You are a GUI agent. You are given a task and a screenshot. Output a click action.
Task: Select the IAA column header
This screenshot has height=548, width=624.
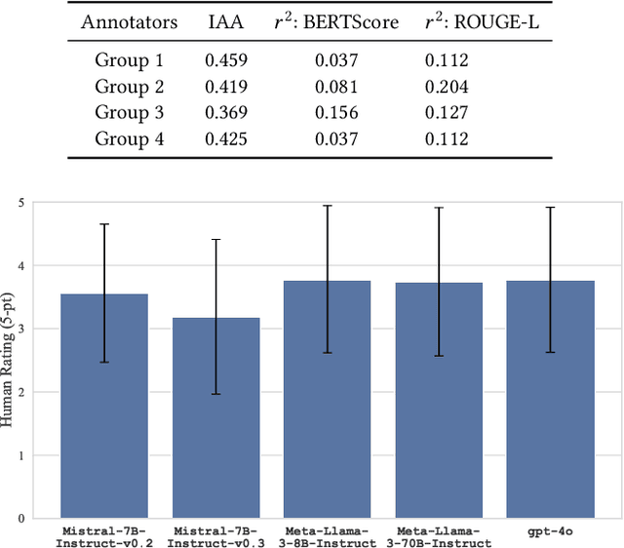[225, 20]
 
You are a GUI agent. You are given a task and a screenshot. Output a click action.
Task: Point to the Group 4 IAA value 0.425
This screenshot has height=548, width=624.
[225, 138]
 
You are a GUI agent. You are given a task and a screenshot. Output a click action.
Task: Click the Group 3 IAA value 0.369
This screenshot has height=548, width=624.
[225, 112]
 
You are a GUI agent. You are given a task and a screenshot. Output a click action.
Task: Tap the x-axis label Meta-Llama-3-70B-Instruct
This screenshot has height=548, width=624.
[439, 535]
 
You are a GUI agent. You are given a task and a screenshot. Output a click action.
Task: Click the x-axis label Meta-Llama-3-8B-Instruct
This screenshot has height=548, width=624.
[328, 535]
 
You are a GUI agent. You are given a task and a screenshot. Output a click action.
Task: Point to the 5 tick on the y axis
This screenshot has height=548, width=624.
[23, 203]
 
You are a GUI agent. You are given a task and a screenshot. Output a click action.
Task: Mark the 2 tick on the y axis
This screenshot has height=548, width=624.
[23, 392]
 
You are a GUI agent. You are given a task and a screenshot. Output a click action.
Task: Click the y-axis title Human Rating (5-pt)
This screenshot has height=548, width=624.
[9, 361]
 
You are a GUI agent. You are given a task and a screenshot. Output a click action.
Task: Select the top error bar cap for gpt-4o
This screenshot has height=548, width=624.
[550, 207]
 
